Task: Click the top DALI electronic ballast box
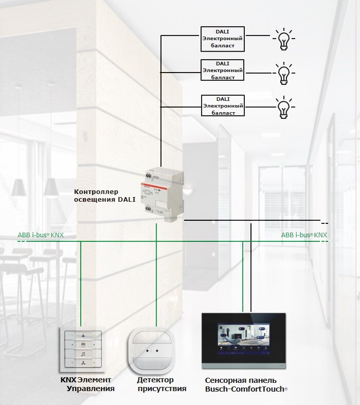(222, 40)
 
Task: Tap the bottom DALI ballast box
(222, 105)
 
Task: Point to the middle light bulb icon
(283, 74)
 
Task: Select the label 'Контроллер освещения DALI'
(105, 196)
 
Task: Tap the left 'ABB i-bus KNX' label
(41, 235)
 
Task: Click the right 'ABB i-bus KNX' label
(304, 235)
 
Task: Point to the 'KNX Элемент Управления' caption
(87, 384)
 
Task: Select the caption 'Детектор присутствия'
(161, 384)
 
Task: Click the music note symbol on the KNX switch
(82, 355)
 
